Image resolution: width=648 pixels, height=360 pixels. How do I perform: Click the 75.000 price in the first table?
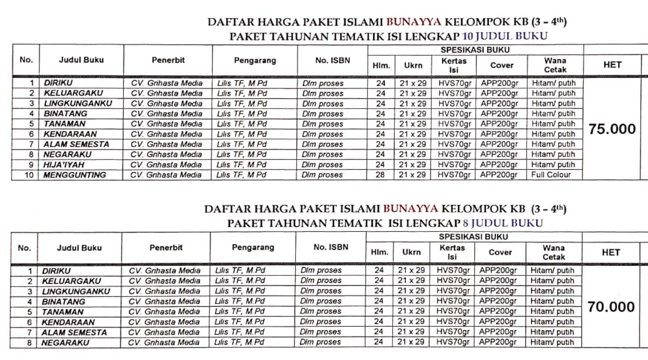612,129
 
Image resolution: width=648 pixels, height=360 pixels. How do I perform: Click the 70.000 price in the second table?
611,307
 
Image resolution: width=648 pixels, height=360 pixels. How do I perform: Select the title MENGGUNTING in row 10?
75,175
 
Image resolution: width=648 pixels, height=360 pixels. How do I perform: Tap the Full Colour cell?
552,175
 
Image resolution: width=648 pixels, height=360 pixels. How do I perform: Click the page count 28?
381,175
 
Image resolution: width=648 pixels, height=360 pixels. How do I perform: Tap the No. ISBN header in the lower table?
330,247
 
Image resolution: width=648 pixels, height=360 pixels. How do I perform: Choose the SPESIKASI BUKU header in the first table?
475,50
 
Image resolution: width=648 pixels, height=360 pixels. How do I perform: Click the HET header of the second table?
611,252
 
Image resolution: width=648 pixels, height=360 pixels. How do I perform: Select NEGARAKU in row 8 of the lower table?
65,343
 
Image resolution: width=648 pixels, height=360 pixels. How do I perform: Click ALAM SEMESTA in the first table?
76,144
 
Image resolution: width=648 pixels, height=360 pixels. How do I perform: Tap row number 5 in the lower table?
29,312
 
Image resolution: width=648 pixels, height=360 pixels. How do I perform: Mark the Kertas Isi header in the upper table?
454,65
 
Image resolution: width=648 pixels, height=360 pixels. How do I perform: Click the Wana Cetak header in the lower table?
554,252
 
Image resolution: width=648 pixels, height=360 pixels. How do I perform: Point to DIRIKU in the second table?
56,270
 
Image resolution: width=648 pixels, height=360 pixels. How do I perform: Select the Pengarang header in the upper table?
255,61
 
